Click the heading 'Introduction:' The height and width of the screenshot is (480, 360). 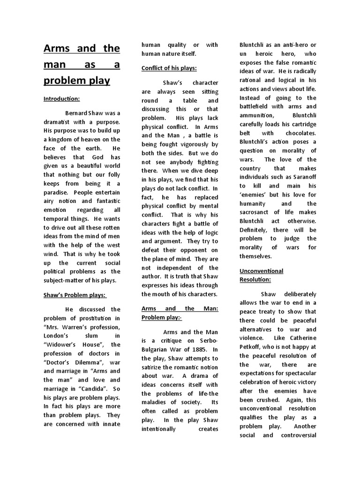pyautogui.click(x=62, y=99)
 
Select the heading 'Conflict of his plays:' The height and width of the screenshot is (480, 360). pyautogui.click(x=169, y=68)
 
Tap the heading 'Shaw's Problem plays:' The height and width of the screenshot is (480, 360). pyautogui.click(x=75, y=295)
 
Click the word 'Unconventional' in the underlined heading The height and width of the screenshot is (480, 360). pyautogui.click(x=262, y=271)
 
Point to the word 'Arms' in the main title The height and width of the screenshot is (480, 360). pyautogui.click(x=57, y=48)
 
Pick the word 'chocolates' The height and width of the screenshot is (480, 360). pyautogui.click(x=299, y=133)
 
